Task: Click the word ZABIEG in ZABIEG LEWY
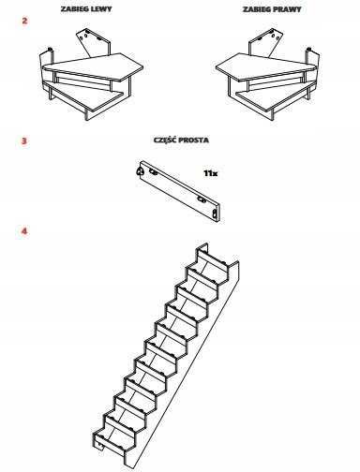point(74,8)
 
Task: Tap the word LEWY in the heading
point(100,8)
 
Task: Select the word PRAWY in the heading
point(289,9)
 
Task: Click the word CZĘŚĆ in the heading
point(165,140)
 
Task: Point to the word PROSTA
point(194,140)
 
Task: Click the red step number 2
point(24,21)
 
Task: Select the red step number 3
point(24,140)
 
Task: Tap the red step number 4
point(24,231)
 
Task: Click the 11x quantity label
point(211,173)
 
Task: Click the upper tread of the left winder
point(93,66)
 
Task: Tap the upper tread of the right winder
point(266,66)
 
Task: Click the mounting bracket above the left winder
point(93,43)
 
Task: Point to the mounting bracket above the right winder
point(266,43)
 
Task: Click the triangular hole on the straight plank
point(139,170)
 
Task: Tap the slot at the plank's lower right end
point(215,214)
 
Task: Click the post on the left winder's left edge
point(50,73)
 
